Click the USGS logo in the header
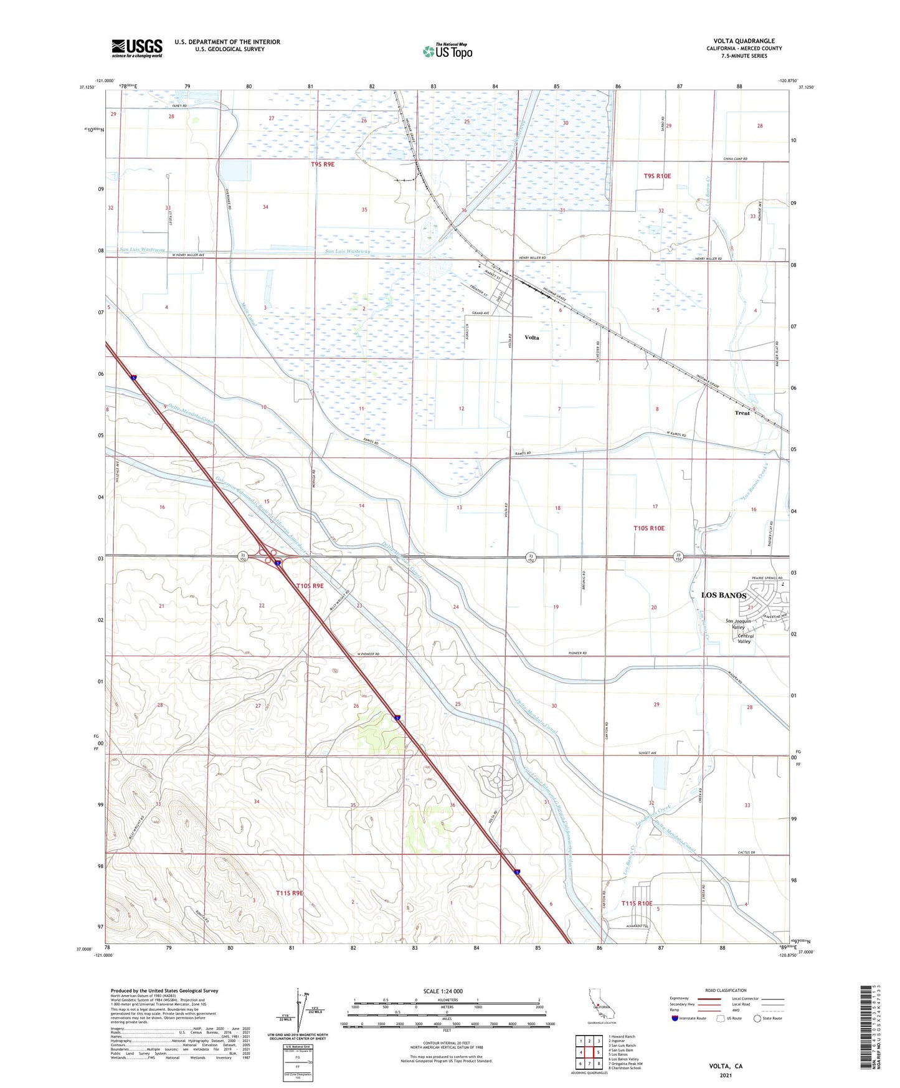coord(137,48)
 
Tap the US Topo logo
coord(447,51)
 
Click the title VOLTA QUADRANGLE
coord(744,41)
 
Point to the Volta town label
coord(531,338)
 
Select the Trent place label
coord(742,413)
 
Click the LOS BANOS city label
coord(723,595)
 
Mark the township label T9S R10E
coord(657,176)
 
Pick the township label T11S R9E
coord(289,893)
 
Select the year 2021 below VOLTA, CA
coord(726,1075)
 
